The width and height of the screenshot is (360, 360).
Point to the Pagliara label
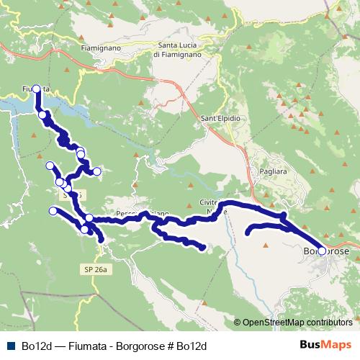272,174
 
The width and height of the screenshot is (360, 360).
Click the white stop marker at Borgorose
322,251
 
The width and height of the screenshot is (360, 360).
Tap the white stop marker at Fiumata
36,89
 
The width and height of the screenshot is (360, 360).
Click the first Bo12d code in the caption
35,346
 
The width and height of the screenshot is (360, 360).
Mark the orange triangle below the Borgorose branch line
266,246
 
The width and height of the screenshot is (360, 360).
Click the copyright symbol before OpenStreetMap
238,322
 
